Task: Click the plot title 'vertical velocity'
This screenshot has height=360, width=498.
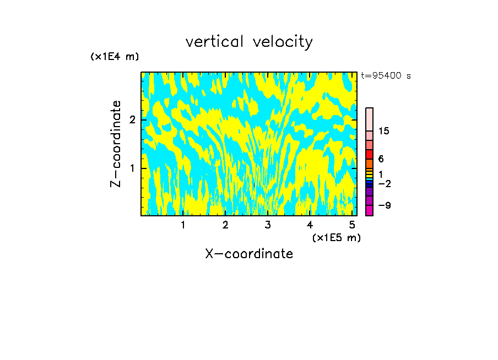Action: coord(249,42)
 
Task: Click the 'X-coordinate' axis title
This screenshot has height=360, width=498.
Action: coord(249,254)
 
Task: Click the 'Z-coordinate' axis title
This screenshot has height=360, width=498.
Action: coord(116,144)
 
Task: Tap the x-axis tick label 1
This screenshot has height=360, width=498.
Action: coord(183,225)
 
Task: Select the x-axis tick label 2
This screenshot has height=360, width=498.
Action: coord(225,225)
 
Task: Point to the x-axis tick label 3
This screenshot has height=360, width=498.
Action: coord(268,225)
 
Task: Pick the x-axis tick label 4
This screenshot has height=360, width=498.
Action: coord(310,225)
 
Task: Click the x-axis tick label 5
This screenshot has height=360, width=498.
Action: coord(352,225)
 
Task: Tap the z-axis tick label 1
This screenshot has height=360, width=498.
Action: coord(132,168)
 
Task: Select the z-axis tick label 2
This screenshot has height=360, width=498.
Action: coord(132,120)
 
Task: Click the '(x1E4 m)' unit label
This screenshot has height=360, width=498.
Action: coord(115,57)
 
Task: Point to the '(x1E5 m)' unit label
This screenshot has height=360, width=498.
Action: coord(336,237)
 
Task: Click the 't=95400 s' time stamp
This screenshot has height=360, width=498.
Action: coord(386,76)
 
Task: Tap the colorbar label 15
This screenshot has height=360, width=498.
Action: coord(384,131)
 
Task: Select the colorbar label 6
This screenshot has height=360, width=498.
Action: coord(381,159)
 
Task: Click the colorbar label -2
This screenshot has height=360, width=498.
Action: coord(384,183)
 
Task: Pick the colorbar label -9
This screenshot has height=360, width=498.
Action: coord(384,205)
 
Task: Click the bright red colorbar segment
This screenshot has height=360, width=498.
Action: coord(369,154)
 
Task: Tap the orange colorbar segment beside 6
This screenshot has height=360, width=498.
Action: coord(369,163)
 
